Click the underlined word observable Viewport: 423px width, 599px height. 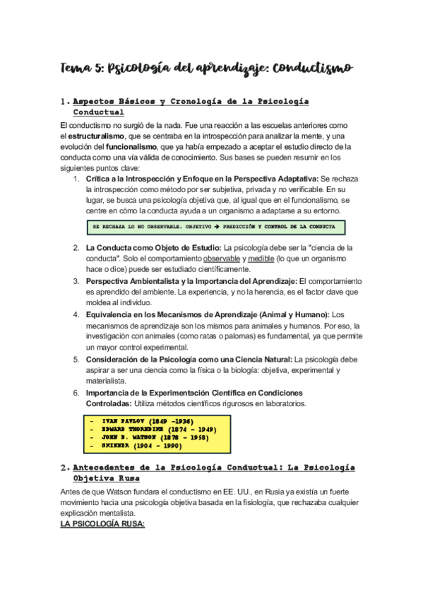click(x=223, y=259)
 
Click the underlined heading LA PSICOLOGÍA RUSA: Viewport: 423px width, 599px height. click(x=102, y=525)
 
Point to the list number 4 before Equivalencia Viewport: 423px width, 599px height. click(x=77, y=314)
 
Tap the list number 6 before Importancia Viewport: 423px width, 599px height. click(x=77, y=392)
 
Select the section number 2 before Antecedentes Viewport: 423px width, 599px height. click(x=64, y=468)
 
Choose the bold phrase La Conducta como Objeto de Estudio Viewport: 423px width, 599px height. click(x=153, y=248)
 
